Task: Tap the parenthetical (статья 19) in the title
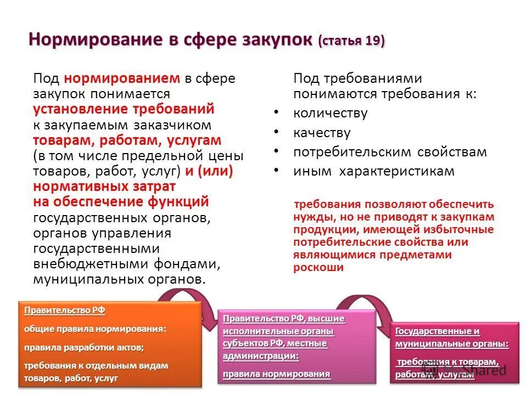[x=351, y=42]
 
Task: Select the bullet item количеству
[x=330, y=114]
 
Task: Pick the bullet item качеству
[x=322, y=133]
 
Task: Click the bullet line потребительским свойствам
[x=390, y=152]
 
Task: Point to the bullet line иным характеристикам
[x=373, y=171]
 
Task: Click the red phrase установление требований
[x=124, y=109]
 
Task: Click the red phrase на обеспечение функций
[x=121, y=202]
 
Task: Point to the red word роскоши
[x=318, y=268]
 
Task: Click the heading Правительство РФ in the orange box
[x=64, y=311]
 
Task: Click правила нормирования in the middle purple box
[x=277, y=374]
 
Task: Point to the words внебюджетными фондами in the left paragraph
[x=127, y=264]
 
